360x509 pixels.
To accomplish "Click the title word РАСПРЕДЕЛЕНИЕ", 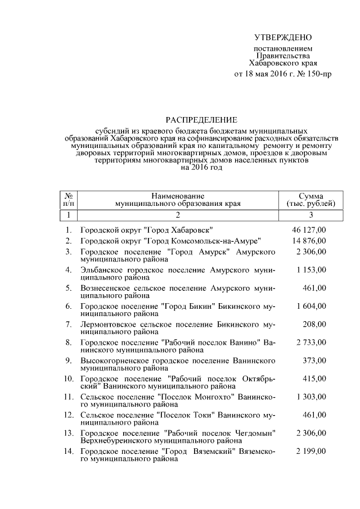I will pyautogui.click(x=201, y=120).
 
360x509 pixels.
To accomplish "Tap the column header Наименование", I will pyautogui.click(x=177, y=195).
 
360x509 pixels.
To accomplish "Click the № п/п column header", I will pyautogui.click(x=67, y=199).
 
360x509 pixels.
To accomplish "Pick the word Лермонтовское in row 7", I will pyautogui.click(x=107, y=325).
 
